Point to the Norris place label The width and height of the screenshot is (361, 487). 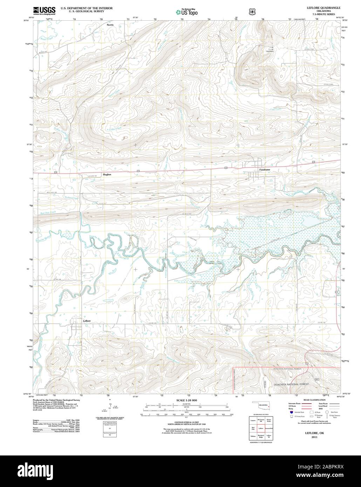coord(110,25)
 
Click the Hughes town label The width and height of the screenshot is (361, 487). coord(107,174)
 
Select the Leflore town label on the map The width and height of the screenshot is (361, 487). coord(87,321)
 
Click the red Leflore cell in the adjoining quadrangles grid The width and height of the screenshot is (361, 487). coord(260,428)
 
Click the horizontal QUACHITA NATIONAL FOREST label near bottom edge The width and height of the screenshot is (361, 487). coord(297,384)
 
